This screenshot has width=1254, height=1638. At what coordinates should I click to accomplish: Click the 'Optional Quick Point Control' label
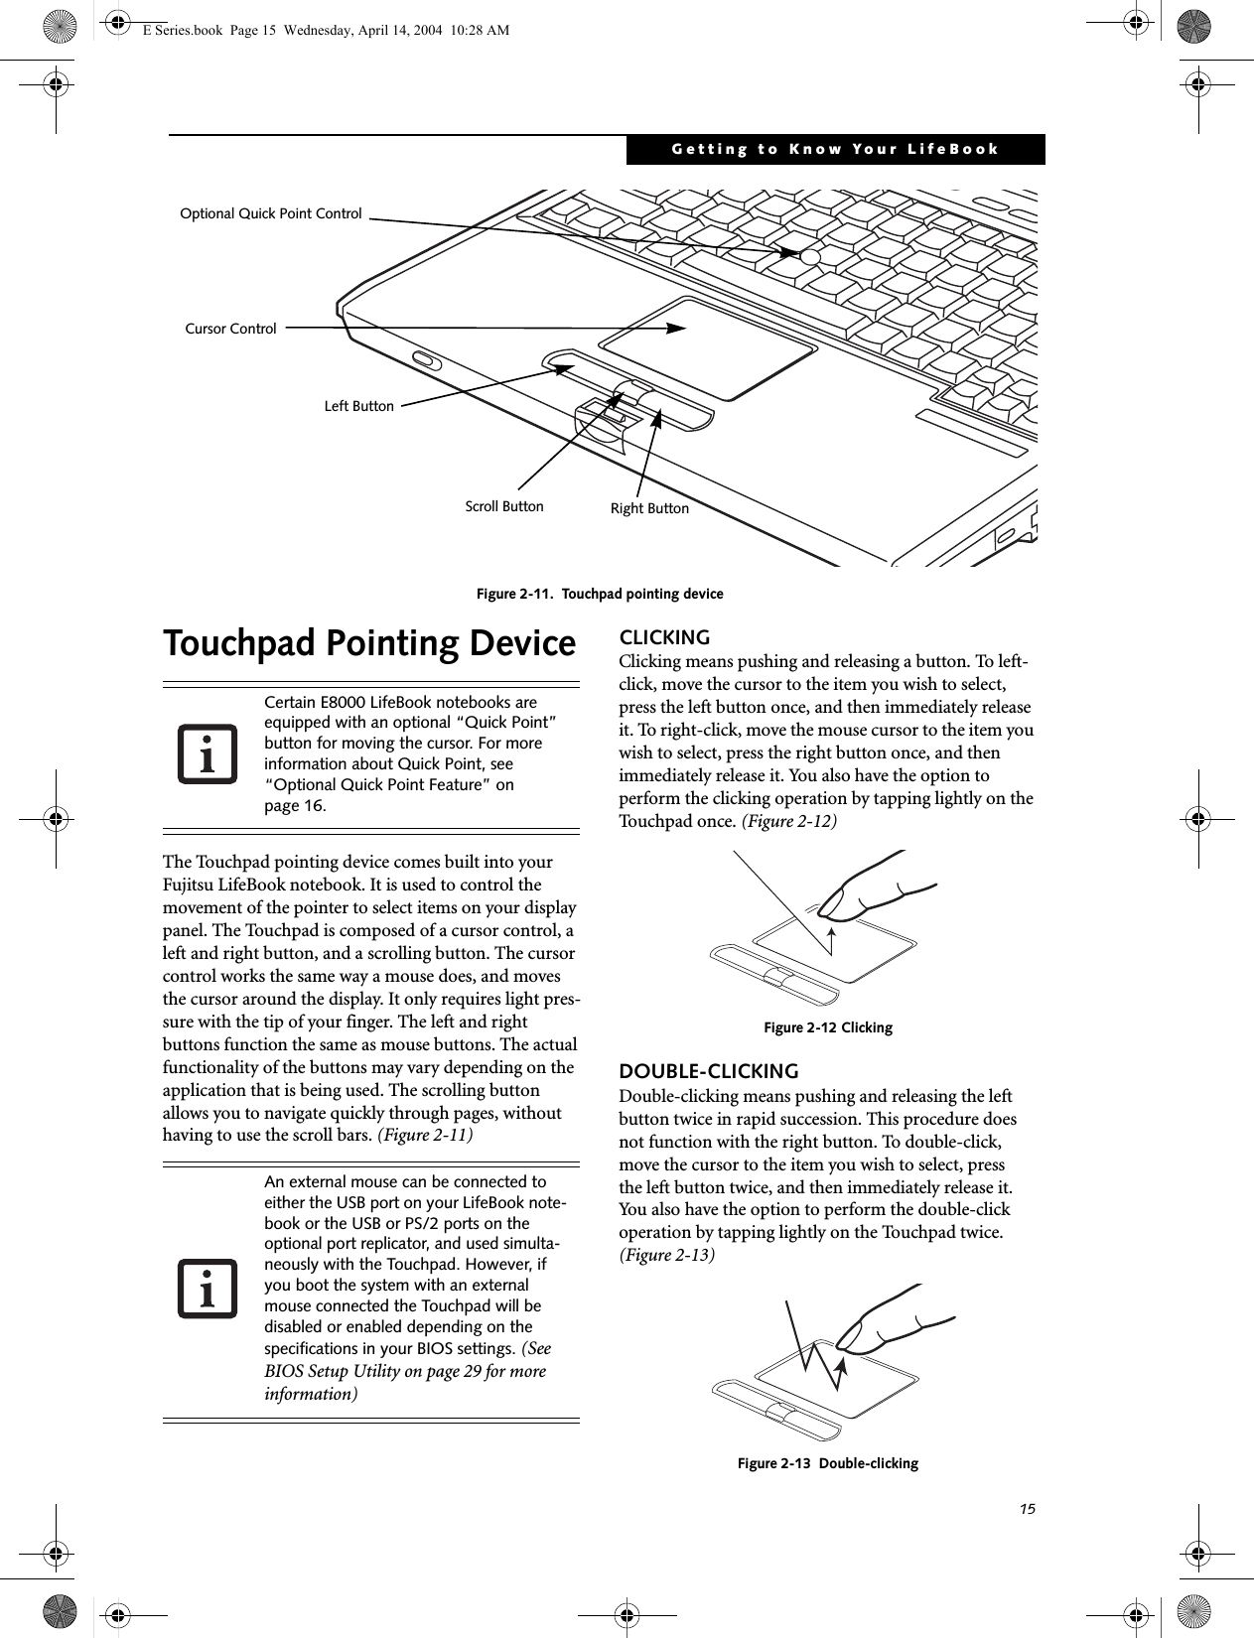[x=270, y=213]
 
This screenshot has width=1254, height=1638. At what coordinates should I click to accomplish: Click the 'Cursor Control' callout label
[x=230, y=329]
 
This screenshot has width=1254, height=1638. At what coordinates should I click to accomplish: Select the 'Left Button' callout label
[x=358, y=406]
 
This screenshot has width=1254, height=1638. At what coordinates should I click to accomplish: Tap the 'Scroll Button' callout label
[x=504, y=506]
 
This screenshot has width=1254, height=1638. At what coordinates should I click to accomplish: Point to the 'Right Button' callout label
[x=649, y=508]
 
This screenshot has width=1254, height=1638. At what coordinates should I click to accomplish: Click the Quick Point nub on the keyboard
[x=810, y=257]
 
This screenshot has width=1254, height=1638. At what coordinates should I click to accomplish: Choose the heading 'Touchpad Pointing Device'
[x=369, y=643]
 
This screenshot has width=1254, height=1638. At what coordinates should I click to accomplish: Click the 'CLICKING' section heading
[x=664, y=637]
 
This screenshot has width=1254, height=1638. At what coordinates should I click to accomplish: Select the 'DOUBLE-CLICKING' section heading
[x=709, y=1071]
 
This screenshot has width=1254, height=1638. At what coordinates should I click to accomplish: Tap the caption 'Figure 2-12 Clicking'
[x=827, y=1027]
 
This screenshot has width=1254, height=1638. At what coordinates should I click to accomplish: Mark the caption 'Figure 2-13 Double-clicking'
[x=827, y=1463]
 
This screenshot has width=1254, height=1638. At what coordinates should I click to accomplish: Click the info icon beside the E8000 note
[x=209, y=753]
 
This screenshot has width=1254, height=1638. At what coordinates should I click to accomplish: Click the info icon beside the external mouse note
[x=209, y=1288]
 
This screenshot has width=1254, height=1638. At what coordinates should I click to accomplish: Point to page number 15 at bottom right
[x=1027, y=1509]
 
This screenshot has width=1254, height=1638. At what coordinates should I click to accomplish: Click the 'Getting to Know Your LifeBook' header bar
[x=835, y=149]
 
